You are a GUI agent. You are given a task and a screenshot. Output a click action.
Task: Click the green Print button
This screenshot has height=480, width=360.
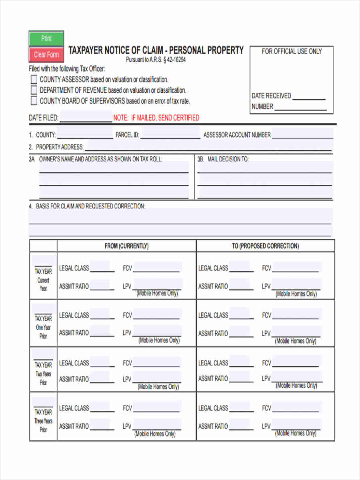pos(46,38)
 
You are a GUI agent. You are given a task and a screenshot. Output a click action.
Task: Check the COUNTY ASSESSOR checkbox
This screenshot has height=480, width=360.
pos(34,80)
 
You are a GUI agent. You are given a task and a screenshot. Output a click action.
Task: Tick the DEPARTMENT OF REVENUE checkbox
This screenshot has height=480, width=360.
pos(34,90)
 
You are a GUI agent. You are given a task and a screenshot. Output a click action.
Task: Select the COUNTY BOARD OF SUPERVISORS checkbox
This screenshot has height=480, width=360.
pos(34,101)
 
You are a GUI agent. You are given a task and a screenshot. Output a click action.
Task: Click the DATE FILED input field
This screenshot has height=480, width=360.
pos(86,118)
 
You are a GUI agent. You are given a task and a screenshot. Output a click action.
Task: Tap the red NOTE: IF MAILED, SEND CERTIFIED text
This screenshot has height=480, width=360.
pos(156,118)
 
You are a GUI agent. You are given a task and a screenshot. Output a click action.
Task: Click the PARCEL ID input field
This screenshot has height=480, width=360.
pos(170,134)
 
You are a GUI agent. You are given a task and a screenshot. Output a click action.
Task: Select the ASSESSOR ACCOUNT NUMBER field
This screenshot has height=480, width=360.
pos(302,134)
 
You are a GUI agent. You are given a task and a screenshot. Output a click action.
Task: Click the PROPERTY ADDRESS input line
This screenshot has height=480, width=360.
pos(208,146)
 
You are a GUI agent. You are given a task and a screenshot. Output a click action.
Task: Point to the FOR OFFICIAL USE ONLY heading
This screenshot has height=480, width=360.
pos(292,51)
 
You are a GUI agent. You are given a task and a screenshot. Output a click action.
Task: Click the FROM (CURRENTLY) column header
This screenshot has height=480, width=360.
pos(126,246)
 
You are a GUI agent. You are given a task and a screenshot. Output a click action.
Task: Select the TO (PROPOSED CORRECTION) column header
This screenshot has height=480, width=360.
pos(265,246)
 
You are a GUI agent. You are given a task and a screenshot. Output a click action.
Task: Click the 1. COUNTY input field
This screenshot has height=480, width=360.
pos(85,134)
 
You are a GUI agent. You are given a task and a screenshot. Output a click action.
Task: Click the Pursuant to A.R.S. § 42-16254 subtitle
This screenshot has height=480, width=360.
pos(156,60)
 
